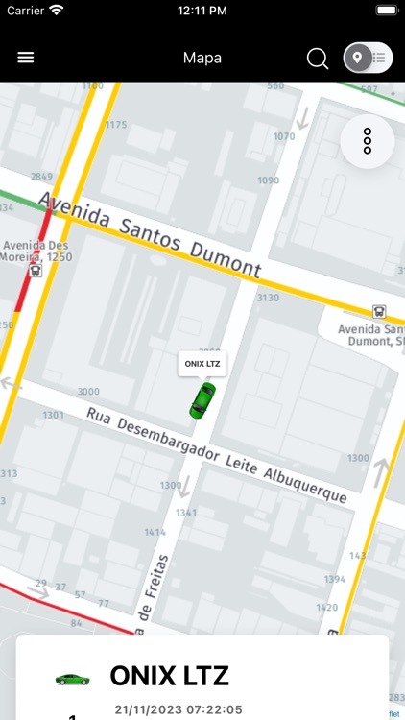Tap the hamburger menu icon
[x=26, y=58]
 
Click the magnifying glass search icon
[x=318, y=59]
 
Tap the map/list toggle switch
[x=369, y=58]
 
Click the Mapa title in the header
[x=202, y=58]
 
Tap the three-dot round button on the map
[x=367, y=141]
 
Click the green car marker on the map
[x=202, y=399]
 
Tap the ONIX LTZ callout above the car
[x=202, y=364]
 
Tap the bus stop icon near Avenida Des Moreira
[x=36, y=271]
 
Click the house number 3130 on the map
[x=267, y=299]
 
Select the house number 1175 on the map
[x=116, y=125]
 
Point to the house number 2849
[x=41, y=177]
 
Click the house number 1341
[x=186, y=513]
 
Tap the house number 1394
[x=335, y=579]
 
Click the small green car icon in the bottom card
[x=72, y=679]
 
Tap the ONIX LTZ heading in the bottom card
[x=170, y=676]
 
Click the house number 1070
[x=284, y=136]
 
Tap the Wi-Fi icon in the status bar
[x=57, y=10]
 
